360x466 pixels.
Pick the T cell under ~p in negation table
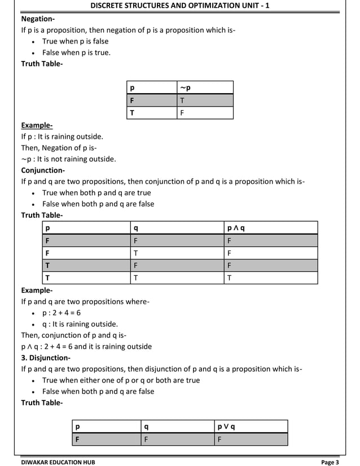(x=182, y=100)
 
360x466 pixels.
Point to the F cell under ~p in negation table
(x=182, y=113)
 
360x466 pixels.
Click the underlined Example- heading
(x=37, y=125)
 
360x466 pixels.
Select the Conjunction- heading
(x=43, y=170)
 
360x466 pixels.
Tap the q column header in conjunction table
(x=135, y=228)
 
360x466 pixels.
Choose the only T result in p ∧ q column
(x=229, y=278)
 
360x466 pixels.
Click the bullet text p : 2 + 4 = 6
(x=62, y=313)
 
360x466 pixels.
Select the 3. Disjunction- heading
(x=46, y=358)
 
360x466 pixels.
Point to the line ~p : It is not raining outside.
(x=68, y=159)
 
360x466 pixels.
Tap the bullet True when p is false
(x=75, y=41)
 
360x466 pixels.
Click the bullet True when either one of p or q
(x=121, y=380)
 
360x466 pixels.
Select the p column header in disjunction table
(x=78, y=426)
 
